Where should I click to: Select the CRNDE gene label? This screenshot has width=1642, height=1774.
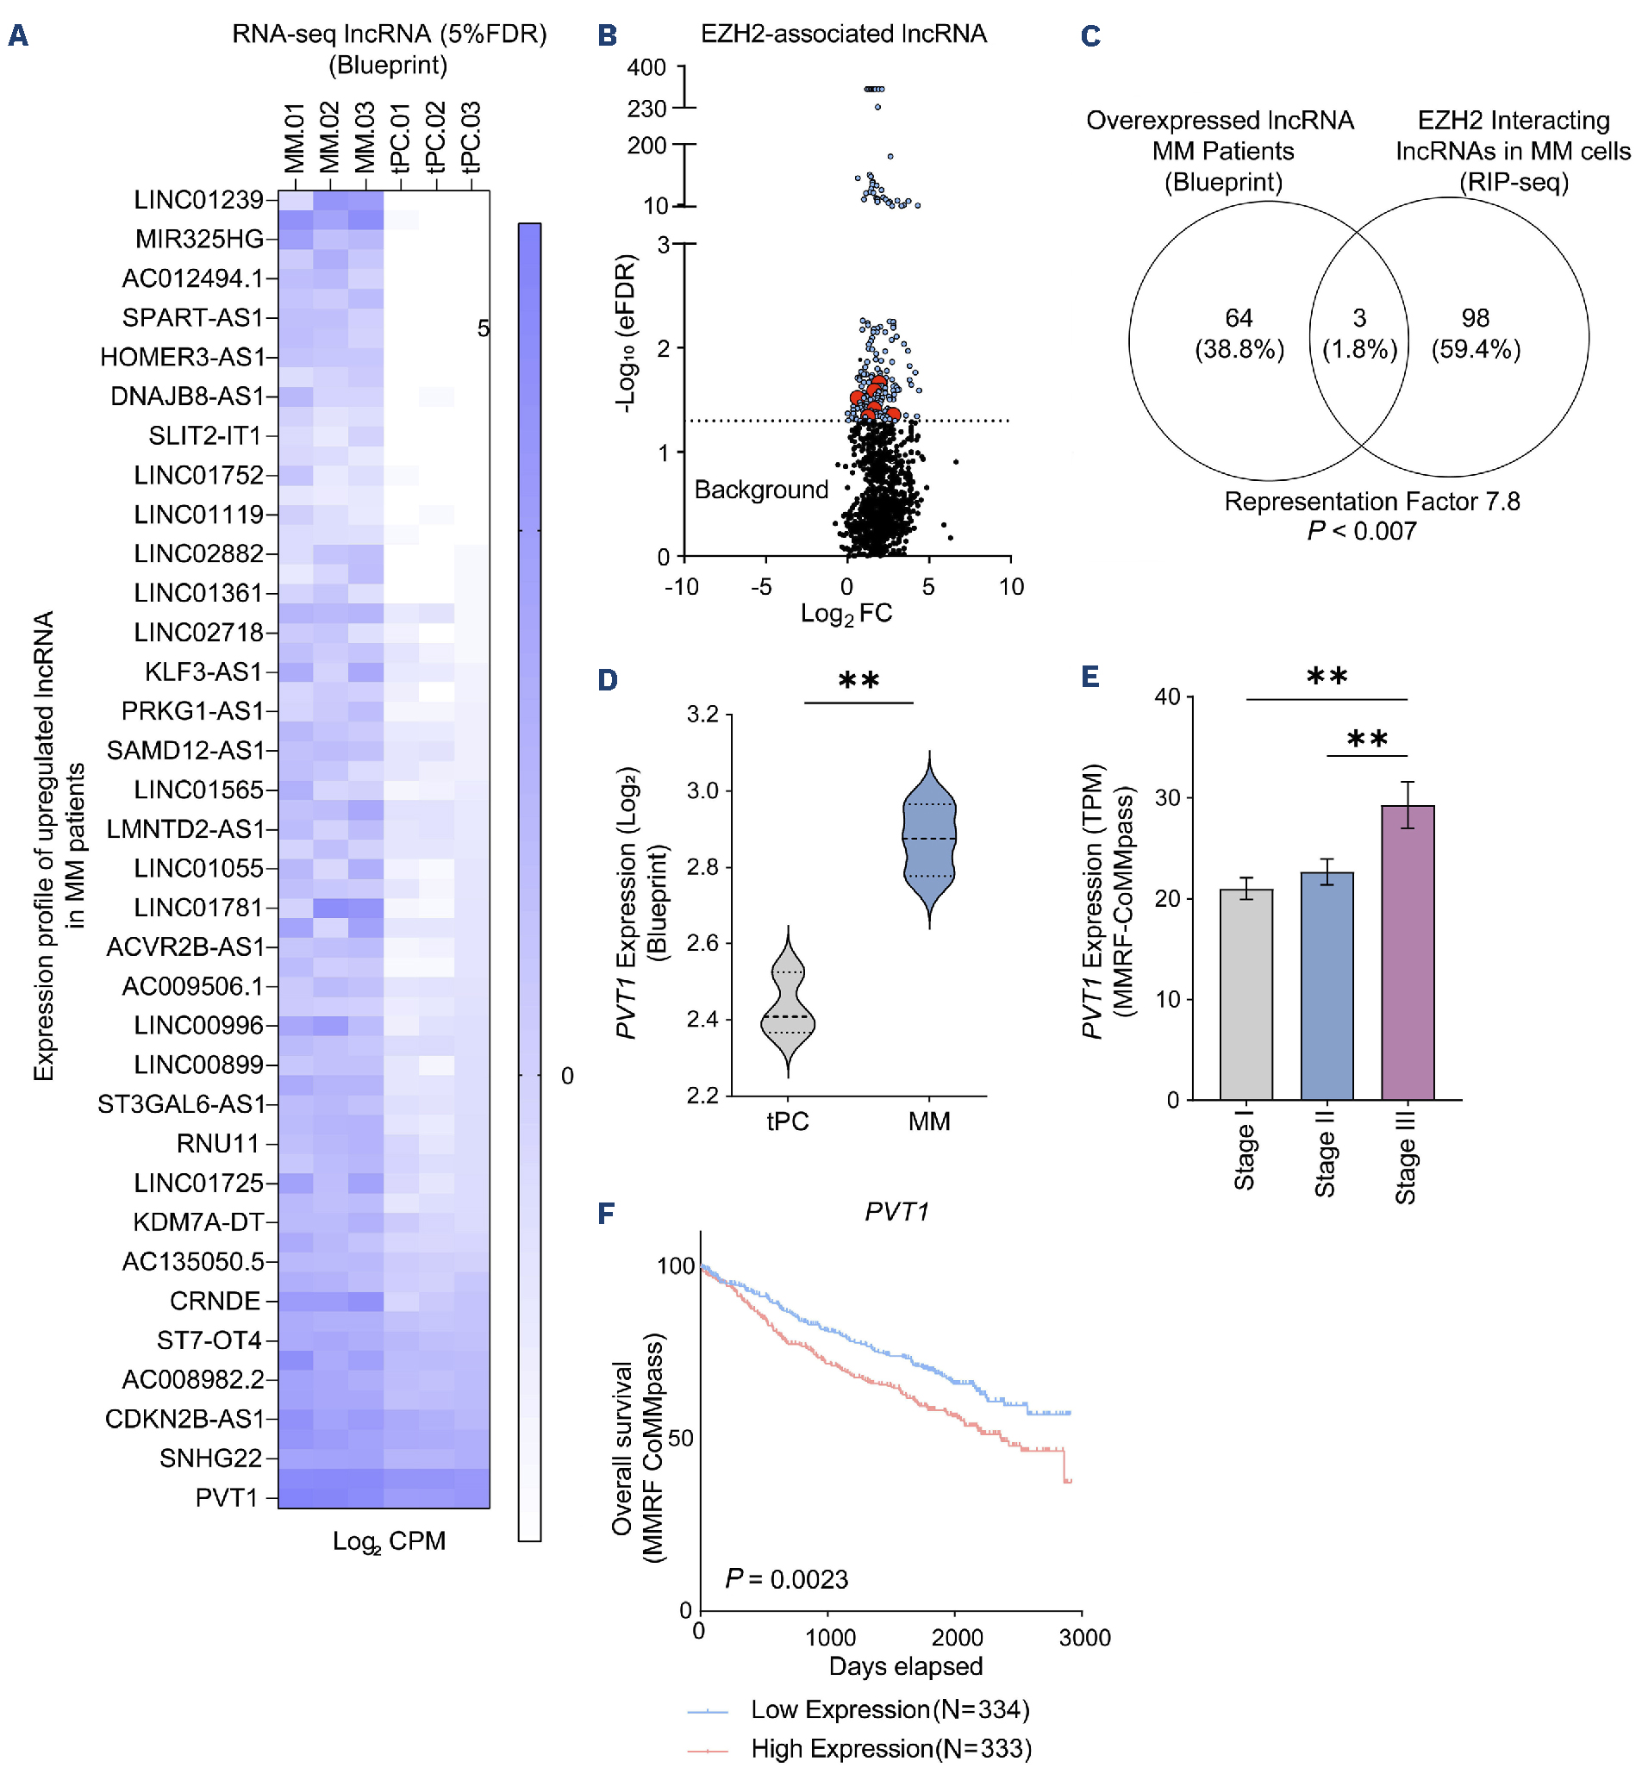[215, 1301]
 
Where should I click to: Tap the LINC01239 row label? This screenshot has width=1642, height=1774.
[198, 200]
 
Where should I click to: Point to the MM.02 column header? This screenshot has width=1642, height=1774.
[329, 138]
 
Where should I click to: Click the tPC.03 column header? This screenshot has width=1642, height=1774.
[471, 138]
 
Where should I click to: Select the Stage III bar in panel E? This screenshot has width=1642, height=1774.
[1408, 951]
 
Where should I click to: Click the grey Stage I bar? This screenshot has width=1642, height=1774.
[1246, 994]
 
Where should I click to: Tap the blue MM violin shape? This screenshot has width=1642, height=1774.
[929, 840]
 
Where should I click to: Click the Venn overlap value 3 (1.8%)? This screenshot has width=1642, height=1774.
[1359, 334]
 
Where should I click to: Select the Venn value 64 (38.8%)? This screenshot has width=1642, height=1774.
[1239, 334]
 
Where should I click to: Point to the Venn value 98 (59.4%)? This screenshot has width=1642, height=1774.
[1475, 334]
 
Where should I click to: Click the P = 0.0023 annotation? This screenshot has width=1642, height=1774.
[786, 1579]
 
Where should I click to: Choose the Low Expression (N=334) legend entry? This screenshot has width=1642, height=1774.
[890, 1709]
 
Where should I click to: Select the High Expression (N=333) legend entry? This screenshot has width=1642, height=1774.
[890, 1748]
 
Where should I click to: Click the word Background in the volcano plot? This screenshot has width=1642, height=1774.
[760, 490]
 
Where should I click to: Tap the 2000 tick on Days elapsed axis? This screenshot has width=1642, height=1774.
[957, 1637]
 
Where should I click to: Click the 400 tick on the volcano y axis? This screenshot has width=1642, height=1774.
[646, 67]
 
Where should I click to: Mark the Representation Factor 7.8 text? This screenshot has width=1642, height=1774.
[1372, 502]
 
